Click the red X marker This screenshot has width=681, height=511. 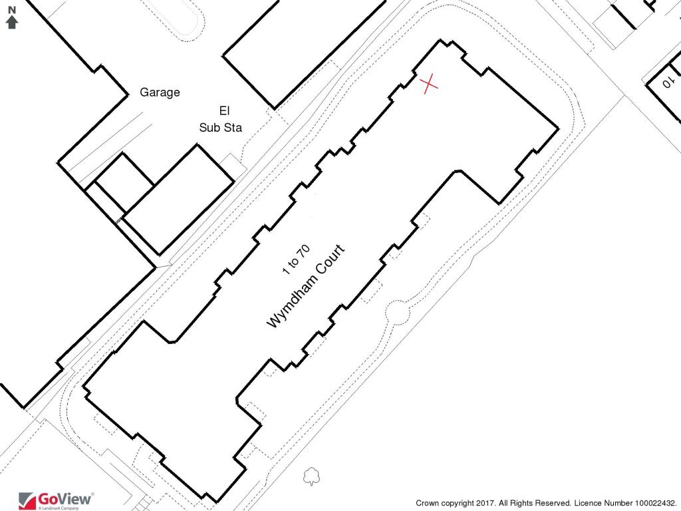click(430, 83)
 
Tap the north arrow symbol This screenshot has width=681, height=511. click(11, 23)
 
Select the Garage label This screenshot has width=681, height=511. click(160, 92)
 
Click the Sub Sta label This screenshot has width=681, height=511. click(220, 128)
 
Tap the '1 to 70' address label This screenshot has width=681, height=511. click(296, 260)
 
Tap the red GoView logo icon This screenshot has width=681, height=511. click(27, 500)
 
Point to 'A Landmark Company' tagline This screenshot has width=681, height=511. click(59, 508)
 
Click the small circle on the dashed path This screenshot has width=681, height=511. click(398, 311)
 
